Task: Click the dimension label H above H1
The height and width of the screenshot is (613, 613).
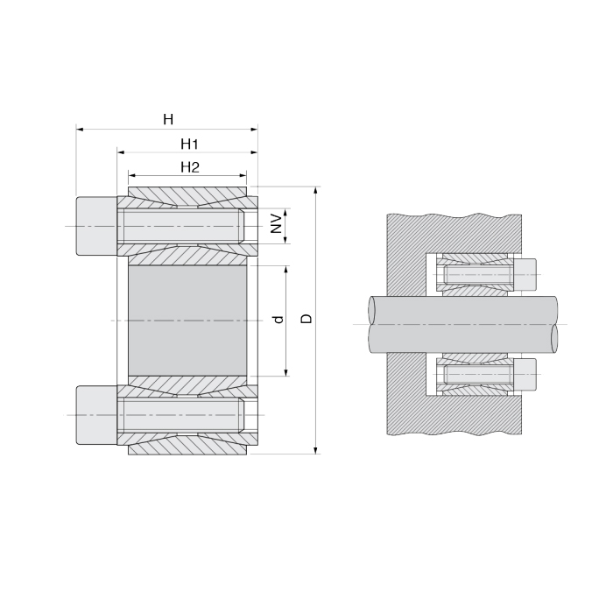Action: pyautogui.click(x=168, y=119)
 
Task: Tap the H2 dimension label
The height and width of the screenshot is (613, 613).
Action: pyautogui.click(x=190, y=166)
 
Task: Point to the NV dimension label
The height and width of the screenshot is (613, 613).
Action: pyautogui.click(x=276, y=222)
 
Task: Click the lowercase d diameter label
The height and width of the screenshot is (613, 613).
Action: pyautogui.click(x=278, y=321)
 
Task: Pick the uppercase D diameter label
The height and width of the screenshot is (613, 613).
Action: pyautogui.click(x=306, y=319)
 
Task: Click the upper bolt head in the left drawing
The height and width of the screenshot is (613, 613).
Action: pyautogui.click(x=95, y=226)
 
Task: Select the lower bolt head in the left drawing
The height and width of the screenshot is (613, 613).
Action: pyautogui.click(x=95, y=415)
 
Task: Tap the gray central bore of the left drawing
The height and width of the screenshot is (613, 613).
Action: pyautogui.click(x=187, y=321)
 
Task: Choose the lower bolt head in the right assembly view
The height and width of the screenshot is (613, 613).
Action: pyautogui.click(x=525, y=375)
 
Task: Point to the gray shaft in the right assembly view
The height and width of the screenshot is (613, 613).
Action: pyautogui.click(x=464, y=323)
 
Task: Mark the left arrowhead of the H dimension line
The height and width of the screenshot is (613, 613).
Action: pyautogui.click(x=80, y=130)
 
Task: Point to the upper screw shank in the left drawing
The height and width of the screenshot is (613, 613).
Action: pyautogui.click(x=180, y=227)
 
